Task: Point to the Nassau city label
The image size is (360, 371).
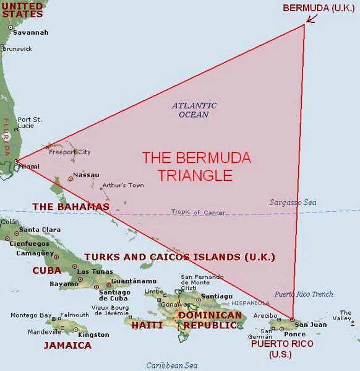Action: [86, 175]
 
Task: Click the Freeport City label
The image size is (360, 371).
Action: [70, 152]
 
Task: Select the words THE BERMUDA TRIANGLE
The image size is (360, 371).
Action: [196, 167]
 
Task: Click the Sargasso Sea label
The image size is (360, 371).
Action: [293, 203]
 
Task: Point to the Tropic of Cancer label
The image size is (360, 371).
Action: [195, 212]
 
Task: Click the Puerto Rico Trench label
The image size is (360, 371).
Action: [304, 294]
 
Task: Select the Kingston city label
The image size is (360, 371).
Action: [94, 335]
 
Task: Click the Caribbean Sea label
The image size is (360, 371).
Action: [171, 365]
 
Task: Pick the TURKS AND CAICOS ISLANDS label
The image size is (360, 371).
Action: [179, 256]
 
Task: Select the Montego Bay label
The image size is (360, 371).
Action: [30, 315]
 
